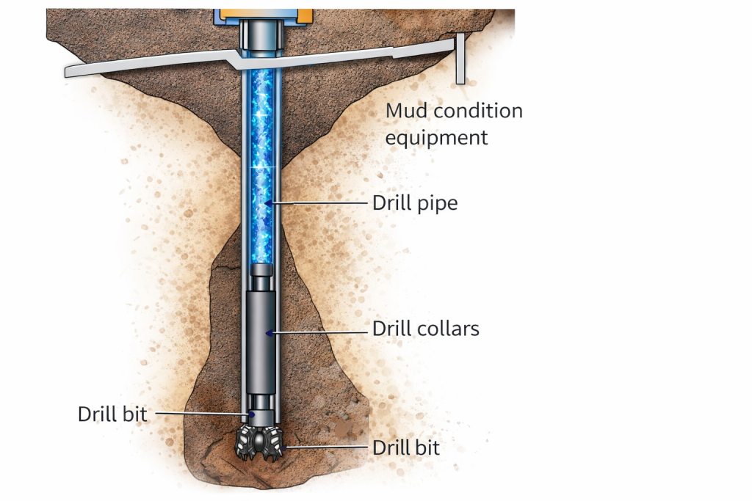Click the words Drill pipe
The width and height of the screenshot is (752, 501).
tap(414, 203)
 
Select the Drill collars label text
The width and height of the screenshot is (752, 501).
tap(425, 329)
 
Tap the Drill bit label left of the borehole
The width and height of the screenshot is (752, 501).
tap(112, 414)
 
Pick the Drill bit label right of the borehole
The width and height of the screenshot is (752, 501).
tap(405, 447)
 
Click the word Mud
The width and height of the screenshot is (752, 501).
tap(406, 111)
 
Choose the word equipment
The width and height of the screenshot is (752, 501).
tap(436, 137)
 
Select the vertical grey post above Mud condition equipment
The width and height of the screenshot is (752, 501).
tap(460, 59)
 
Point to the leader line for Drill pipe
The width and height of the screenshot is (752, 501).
tap(319, 203)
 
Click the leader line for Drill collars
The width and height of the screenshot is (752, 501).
tap(319, 332)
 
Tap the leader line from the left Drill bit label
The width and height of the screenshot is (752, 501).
tap(202, 414)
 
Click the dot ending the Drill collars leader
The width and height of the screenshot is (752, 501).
tap(270, 332)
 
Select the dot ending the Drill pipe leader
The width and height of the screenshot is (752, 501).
tap(269, 203)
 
